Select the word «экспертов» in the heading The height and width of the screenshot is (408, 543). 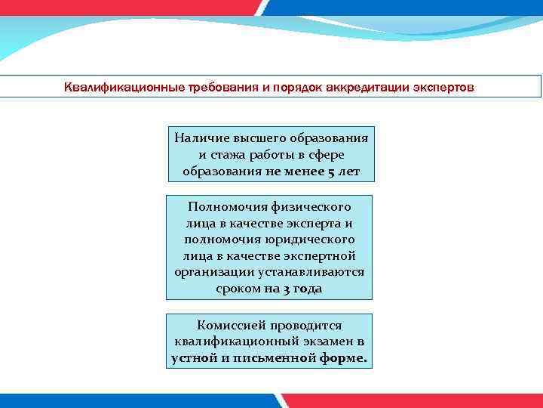pyautogui.click(x=443, y=87)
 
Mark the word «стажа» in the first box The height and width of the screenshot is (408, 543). pyautogui.click(x=229, y=155)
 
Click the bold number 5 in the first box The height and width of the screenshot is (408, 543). pyautogui.click(x=332, y=172)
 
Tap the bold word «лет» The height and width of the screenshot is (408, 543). pyautogui.click(x=349, y=172)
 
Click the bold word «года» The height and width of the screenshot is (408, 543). pyautogui.click(x=308, y=289)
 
